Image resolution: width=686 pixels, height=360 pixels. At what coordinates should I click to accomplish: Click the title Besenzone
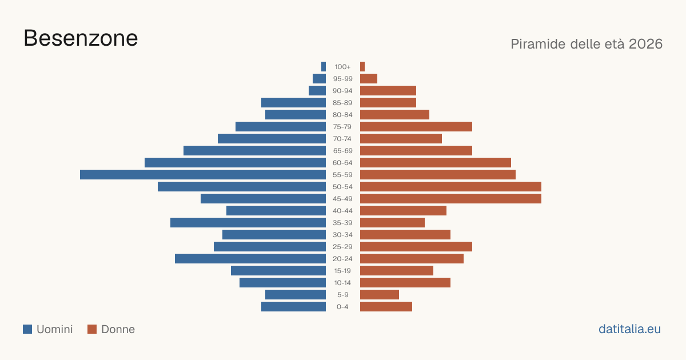pyautogui.click(x=81, y=38)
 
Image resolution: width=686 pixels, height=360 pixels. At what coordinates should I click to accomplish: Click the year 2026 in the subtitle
pyautogui.click(x=645, y=44)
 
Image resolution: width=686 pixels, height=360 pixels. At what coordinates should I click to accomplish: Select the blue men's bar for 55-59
pyautogui.click(x=203, y=174)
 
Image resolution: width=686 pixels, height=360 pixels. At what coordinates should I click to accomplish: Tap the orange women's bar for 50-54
pyautogui.click(x=450, y=186)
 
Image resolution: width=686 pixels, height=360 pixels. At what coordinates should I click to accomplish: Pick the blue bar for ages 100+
pyautogui.click(x=324, y=66)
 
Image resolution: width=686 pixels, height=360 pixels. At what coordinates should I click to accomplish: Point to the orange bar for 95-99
pyautogui.click(x=369, y=78)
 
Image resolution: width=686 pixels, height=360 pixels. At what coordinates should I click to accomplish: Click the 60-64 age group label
pyautogui.click(x=342, y=163)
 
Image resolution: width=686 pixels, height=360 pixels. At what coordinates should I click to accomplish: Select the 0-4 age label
pyautogui.click(x=342, y=307)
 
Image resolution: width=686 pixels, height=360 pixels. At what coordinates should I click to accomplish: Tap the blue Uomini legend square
pyautogui.click(x=27, y=329)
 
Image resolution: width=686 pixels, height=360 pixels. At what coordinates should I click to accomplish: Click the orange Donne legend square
pyautogui.click(x=92, y=329)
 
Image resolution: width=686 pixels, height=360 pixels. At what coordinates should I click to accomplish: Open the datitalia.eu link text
pyautogui.click(x=629, y=329)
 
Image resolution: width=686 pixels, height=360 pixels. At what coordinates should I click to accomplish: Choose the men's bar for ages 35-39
pyautogui.click(x=248, y=222)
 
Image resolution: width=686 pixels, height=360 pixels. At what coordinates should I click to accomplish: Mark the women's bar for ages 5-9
pyautogui.click(x=380, y=294)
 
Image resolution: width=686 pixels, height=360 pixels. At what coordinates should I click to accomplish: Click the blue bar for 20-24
pyautogui.click(x=250, y=259)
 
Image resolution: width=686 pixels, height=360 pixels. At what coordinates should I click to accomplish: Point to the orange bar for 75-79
pyautogui.click(x=416, y=126)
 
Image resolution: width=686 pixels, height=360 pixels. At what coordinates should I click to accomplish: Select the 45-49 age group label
pyautogui.click(x=342, y=199)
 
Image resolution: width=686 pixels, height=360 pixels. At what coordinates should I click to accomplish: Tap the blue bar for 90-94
pyautogui.click(x=317, y=91)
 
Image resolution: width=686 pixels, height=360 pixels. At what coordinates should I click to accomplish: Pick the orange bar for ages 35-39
pyautogui.click(x=392, y=222)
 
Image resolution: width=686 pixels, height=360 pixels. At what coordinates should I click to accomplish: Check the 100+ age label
pyautogui.click(x=342, y=67)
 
